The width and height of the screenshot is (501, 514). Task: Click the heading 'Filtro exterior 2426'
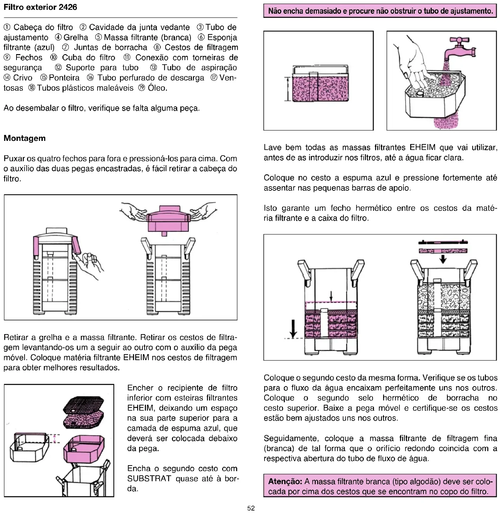pos(40,7)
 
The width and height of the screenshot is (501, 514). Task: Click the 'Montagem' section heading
pos(25,138)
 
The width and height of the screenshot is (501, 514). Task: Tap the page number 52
pos(251,508)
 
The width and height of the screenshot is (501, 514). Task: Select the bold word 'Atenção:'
pos(285,481)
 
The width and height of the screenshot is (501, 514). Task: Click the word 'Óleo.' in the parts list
pos(158,88)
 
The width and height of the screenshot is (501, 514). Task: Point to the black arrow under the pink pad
pos(443,259)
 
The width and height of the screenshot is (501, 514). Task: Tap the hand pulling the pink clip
pos(89,263)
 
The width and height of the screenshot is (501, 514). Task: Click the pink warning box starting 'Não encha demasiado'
pos(380,11)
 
